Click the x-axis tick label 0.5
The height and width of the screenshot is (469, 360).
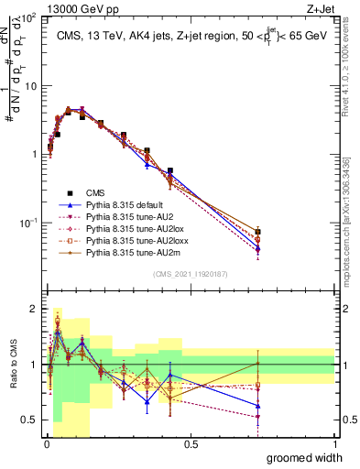pyautogui.click(x=191, y=444)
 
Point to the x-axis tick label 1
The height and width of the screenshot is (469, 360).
pyautogui.click(x=334, y=444)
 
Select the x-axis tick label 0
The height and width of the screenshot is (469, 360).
pyautogui.click(x=47, y=444)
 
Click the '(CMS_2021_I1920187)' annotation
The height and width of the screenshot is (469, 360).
pyautogui.click(x=190, y=273)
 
